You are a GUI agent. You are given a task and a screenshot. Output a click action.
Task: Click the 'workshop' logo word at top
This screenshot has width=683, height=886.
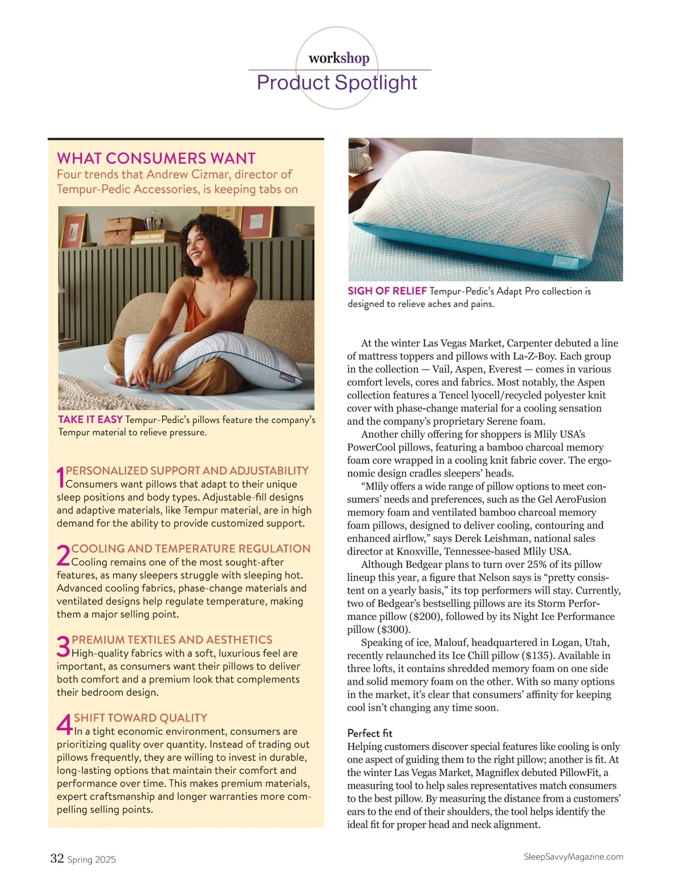339,58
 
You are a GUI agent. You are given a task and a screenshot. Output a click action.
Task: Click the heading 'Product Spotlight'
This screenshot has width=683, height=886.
337,82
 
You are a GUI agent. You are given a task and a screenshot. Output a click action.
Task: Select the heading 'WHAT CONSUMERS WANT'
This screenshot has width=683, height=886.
157,158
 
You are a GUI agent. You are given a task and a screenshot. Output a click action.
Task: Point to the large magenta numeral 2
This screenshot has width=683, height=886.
63,556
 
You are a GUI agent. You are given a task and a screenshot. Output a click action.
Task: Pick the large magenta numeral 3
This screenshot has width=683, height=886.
63,647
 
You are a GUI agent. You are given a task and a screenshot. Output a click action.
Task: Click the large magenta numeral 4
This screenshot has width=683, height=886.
64,724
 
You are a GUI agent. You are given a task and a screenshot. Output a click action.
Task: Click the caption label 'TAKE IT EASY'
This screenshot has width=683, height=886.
90,420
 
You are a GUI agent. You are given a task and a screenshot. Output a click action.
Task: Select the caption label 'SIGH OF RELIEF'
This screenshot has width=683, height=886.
387,291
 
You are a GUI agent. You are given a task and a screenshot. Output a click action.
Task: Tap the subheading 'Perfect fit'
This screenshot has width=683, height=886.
369,733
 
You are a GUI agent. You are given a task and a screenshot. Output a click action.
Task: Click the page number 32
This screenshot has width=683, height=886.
57,858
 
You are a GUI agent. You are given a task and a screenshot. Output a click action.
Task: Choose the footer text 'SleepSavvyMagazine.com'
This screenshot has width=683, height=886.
573,856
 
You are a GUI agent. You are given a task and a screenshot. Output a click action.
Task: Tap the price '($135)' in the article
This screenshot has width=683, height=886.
540,655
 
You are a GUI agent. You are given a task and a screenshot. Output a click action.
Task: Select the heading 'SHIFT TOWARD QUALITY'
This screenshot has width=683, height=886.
140,718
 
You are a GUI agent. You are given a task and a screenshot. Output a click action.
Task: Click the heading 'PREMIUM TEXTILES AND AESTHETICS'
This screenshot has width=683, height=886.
172,640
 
